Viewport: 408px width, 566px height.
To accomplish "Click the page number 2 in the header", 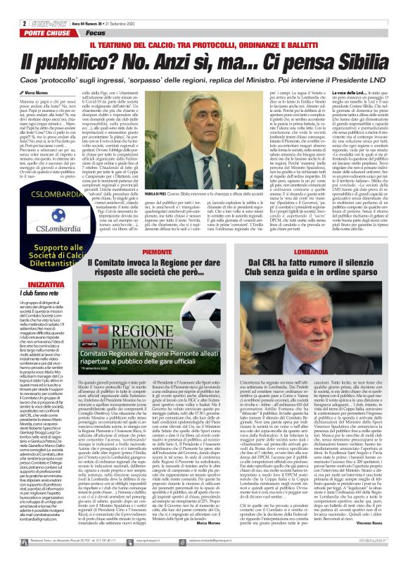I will coord(5,6).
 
